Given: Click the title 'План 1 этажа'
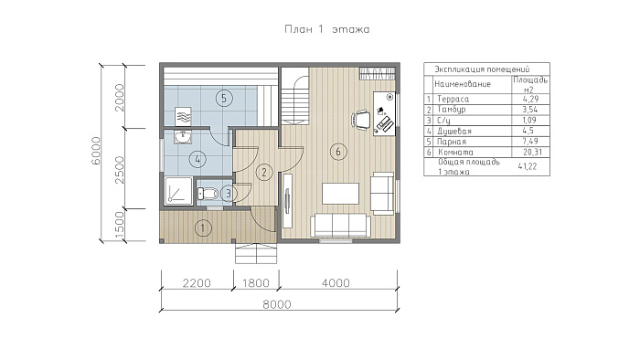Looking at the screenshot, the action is (327, 29).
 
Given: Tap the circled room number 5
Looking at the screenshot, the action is (224, 98).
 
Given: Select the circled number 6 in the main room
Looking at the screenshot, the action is (338, 152).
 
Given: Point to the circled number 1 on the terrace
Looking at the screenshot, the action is (203, 228).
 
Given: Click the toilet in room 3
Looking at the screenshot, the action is (208, 194).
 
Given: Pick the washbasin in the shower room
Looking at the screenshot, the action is (183, 137).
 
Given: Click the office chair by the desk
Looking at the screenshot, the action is (361, 120).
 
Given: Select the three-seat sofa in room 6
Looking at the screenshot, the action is (340, 226).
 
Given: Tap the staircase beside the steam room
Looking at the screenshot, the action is (294, 97).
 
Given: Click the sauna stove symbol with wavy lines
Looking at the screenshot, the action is (183, 116).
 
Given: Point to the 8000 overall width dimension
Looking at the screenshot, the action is (277, 304).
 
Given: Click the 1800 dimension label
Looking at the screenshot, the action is (256, 283).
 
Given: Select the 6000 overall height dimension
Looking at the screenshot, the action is (96, 151).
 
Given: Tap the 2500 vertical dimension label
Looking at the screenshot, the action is (119, 170).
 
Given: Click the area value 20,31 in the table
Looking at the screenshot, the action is (532, 152).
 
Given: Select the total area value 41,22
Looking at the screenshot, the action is (528, 166).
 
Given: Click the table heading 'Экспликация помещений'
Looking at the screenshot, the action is (482, 69).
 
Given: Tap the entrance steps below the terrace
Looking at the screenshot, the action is (256, 254).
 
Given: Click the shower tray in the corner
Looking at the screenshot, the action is (178, 191).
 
